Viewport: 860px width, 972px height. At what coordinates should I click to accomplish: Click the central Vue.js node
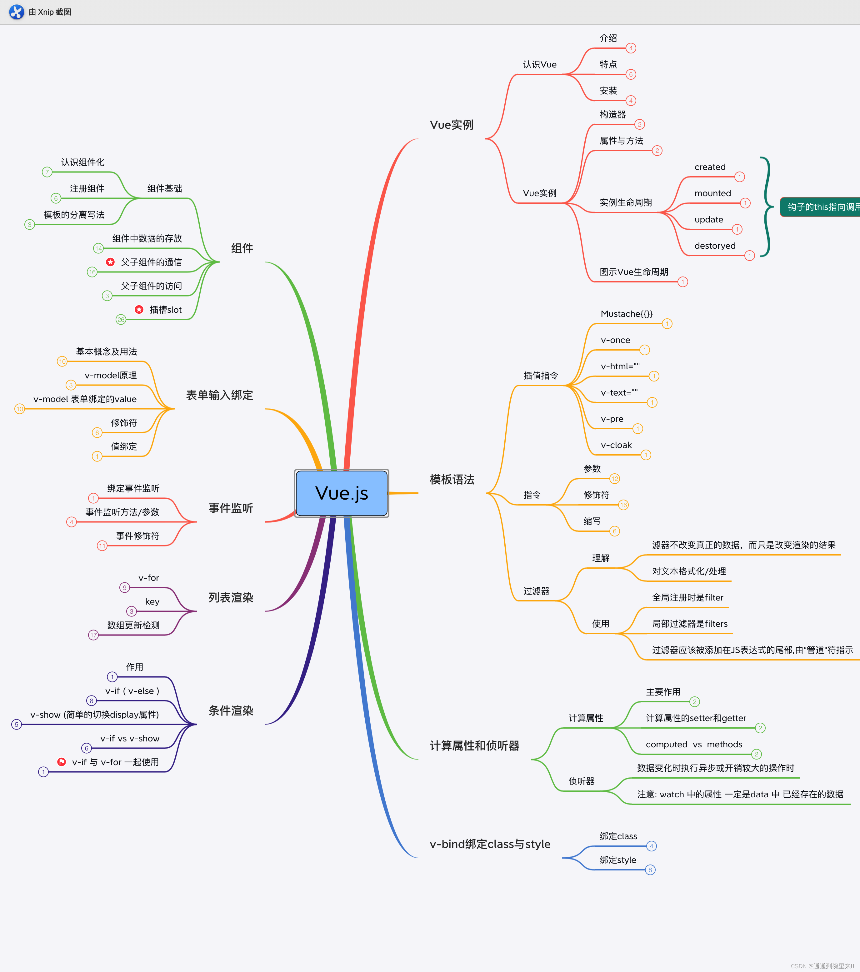tap(342, 493)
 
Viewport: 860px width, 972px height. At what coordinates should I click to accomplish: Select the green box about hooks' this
tap(821, 207)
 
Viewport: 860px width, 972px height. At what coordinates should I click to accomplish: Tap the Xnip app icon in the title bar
tap(17, 12)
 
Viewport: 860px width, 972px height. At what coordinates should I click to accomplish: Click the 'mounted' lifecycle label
tap(712, 193)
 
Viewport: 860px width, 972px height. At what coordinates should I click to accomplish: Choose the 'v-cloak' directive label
tap(616, 445)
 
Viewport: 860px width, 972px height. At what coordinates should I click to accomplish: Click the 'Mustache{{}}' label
tap(627, 314)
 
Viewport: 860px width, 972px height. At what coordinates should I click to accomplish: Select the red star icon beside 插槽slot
tap(139, 310)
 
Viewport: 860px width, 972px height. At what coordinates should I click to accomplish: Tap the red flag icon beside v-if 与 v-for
tap(61, 762)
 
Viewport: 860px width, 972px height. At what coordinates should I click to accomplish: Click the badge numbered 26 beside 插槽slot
tap(121, 320)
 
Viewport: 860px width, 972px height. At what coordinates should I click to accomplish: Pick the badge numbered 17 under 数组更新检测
tap(93, 635)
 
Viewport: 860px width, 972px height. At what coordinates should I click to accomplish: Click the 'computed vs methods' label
tap(693, 744)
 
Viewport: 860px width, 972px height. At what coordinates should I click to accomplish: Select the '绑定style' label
tap(617, 860)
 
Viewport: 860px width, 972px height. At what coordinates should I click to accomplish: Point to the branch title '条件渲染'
tap(231, 711)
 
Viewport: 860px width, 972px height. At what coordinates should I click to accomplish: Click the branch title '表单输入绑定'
tap(219, 395)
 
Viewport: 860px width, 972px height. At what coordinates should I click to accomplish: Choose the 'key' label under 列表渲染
tap(152, 601)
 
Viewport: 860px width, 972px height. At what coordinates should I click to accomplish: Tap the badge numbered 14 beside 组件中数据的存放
tap(98, 248)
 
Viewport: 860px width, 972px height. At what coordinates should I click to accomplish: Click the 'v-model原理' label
tap(110, 375)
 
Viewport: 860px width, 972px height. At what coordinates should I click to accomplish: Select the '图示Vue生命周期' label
tap(633, 272)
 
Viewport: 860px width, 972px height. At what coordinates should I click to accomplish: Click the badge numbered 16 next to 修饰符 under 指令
tap(623, 505)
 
